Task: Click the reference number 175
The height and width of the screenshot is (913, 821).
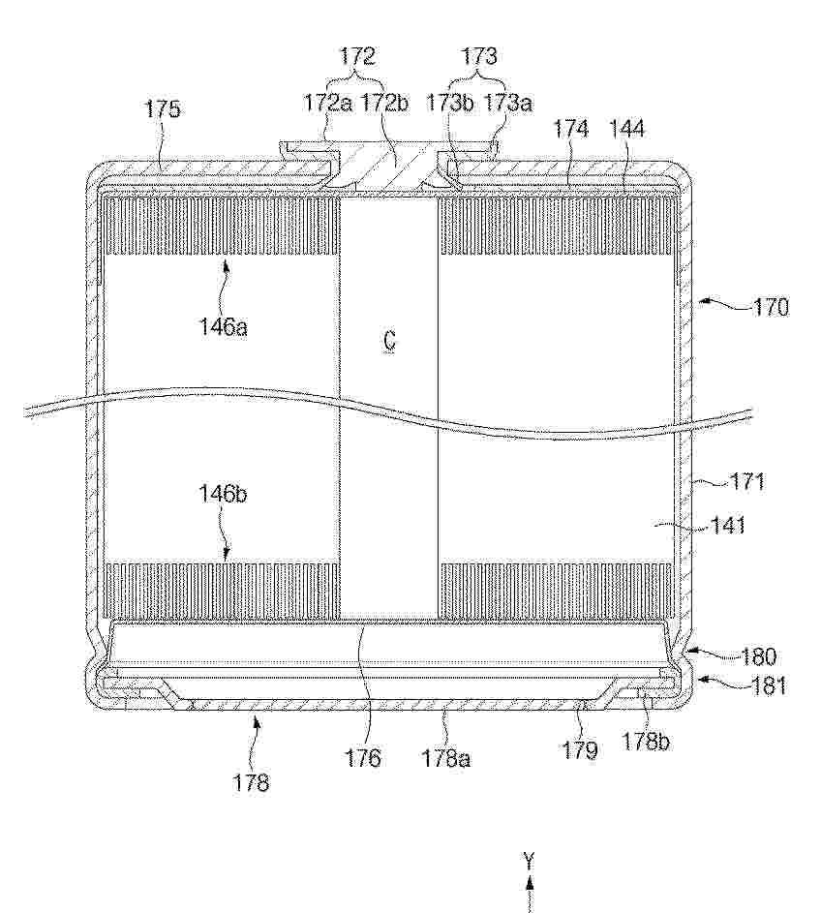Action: point(163,108)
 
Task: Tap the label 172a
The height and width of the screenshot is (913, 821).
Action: point(328,103)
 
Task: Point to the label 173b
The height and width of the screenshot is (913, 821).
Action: point(449,103)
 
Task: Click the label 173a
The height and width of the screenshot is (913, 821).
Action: point(508,103)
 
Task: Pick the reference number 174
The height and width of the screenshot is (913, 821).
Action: point(571,129)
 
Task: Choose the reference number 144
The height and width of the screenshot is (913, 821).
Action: point(627,129)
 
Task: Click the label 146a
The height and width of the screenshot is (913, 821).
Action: point(224,326)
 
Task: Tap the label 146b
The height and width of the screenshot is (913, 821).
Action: point(223,494)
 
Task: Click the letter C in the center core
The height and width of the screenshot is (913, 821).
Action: point(389,340)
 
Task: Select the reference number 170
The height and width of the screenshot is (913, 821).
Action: point(772,307)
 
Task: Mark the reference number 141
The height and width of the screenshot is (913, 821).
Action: point(728,526)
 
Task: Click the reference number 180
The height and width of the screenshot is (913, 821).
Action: point(759,656)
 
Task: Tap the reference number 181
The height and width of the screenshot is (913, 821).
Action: point(769,685)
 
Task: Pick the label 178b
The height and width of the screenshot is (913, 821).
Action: point(646,742)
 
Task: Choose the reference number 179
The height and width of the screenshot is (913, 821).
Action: point(580,750)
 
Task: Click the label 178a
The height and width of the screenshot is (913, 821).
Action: point(446,759)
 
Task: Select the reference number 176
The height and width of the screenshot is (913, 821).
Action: point(363,758)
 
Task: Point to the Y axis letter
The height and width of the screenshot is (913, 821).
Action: point(529,861)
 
